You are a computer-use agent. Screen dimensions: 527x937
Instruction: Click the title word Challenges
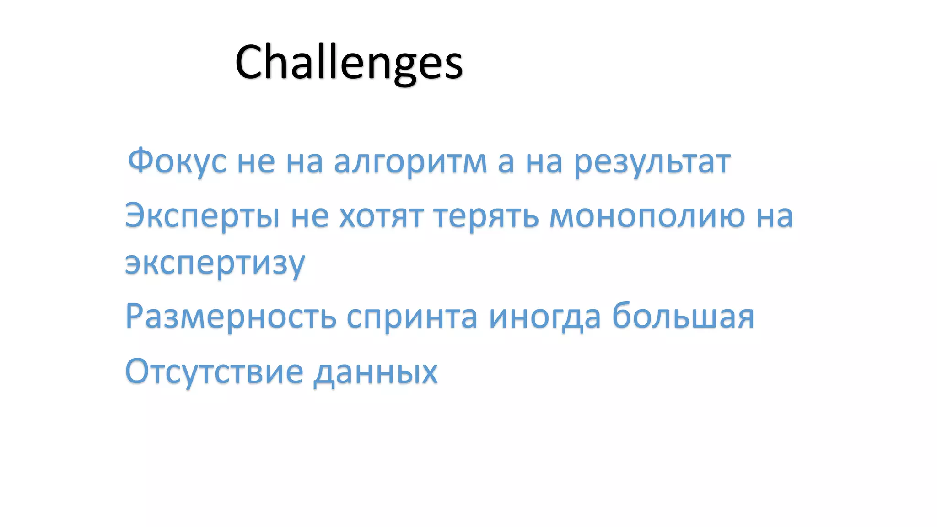(349, 62)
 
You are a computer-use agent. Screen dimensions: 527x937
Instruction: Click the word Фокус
(177, 161)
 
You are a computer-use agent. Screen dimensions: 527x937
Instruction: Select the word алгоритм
(410, 162)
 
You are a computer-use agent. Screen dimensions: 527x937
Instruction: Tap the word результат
(652, 162)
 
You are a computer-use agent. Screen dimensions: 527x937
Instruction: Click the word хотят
(381, 216)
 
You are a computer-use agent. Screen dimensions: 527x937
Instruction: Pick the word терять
(486, 216)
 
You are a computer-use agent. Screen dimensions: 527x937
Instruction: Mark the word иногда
(544, 317)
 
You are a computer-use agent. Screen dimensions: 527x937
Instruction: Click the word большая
(683, 316)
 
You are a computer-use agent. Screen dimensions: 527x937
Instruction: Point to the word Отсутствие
(214, 371)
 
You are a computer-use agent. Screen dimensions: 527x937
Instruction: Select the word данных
(376, 371)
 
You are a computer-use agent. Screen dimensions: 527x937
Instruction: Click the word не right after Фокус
(256, 162)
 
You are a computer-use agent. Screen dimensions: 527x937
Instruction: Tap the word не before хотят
(310, 216)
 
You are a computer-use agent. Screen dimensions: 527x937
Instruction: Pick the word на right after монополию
(774, 216)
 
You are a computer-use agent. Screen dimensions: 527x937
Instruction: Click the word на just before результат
(544, 162)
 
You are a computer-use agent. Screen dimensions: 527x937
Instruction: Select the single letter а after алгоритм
(506, 163)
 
